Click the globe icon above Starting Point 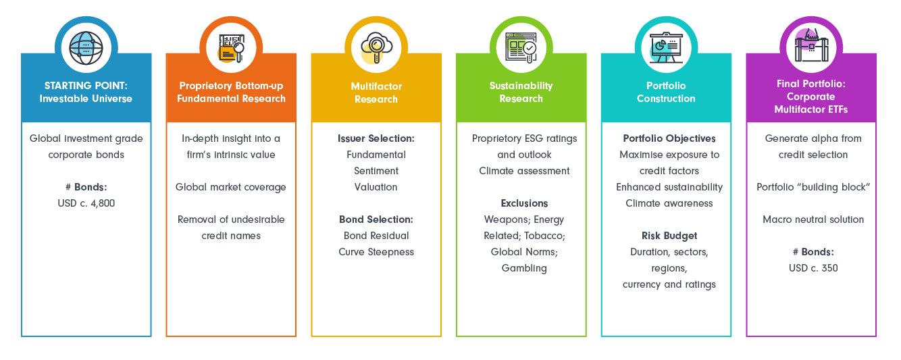(x=86, y=48)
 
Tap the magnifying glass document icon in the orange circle (x=231, y=48)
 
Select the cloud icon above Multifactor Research (x=376, y=48)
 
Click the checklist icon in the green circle (x=521, y=48)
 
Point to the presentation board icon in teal (x=666, y=48)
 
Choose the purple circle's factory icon (x=811, y=45)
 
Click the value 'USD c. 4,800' (x=86, y=203)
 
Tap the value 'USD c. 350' (x=813, y=268)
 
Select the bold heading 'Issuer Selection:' (x=376, y=138)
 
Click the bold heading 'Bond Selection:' (x=376, y=220)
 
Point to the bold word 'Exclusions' (x=524, y=203)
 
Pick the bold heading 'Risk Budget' (x=669, y=235)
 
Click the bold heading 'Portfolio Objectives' (x=669, y=138)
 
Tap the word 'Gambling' (x=524, y=268)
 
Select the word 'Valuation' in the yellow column (x=376, y=187)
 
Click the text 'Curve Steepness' (x=376, y=252)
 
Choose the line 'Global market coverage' (x=231, y=187)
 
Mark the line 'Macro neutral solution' (x=813, y=220)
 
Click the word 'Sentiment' (x=376, y=171)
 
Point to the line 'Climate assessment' (x=524, y=171)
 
